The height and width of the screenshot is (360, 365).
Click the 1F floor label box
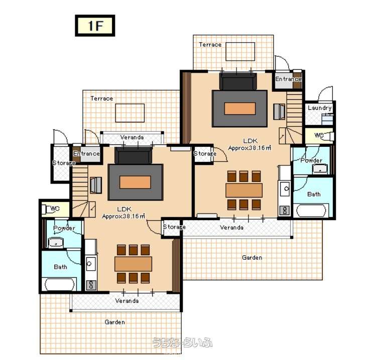[x=95, y=26]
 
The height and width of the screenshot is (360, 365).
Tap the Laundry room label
[x=320, y=108]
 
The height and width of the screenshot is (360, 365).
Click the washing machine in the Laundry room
[x=327, y=119]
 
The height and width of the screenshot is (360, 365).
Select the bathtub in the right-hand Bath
[x=311, y=211]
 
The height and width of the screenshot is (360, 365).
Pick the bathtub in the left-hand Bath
[x=59, y=284]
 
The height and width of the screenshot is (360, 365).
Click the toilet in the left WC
[x=48, y=209]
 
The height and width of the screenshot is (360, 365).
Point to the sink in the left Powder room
[x=56, y=243]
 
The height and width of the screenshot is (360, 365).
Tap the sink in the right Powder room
[x=320, y=169]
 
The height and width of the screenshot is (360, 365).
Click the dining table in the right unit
[x=244, y=191]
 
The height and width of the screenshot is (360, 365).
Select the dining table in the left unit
[x=133, y=264]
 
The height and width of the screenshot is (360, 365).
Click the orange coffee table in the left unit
[x=135, y=182]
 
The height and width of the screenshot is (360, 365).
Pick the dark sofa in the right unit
[x=238, y=81]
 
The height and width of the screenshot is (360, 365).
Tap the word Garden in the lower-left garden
[x=114, y=322]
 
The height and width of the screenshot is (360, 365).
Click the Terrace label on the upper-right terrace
[x=210, y=45]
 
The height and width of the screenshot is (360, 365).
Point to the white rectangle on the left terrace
[x=130, y=113]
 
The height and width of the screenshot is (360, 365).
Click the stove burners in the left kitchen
[x=91, y=285]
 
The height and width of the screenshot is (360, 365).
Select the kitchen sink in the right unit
[x=285, y=189]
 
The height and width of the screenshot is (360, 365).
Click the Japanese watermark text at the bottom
[x=182, y=342]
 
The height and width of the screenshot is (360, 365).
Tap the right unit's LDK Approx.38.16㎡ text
[x=250, y=144]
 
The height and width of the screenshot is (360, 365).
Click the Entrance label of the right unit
[x=288, y=79]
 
